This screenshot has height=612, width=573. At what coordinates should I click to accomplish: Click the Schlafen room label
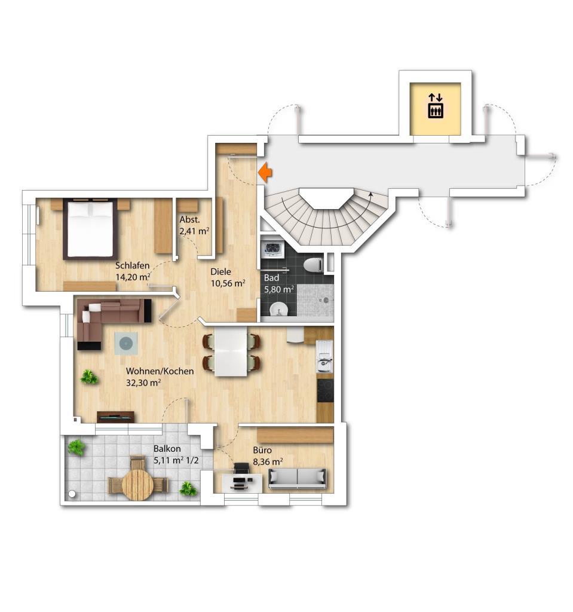[132, 265]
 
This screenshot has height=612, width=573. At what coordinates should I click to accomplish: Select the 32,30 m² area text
[143, 382]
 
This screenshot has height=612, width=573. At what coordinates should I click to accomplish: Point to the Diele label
[220, 272]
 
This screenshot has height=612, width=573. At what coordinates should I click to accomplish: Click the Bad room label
[271, 278]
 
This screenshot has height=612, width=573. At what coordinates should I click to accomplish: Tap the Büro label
[262, 450]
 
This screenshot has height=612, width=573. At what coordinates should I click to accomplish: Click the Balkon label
[167, 448]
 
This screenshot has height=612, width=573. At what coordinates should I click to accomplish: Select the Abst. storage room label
[189, 219]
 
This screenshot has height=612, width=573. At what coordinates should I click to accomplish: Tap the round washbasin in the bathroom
[278, 310]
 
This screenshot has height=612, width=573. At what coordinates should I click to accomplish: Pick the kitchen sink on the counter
[324, 356]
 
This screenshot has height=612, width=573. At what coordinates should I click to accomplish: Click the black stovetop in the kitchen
[325, 391]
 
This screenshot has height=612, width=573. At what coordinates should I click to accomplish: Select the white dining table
[231, 351]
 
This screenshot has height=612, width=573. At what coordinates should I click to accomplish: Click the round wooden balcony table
[138, 485]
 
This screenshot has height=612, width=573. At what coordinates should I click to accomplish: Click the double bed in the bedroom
[90, 229]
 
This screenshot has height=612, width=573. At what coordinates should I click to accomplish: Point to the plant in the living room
[90, 377]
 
